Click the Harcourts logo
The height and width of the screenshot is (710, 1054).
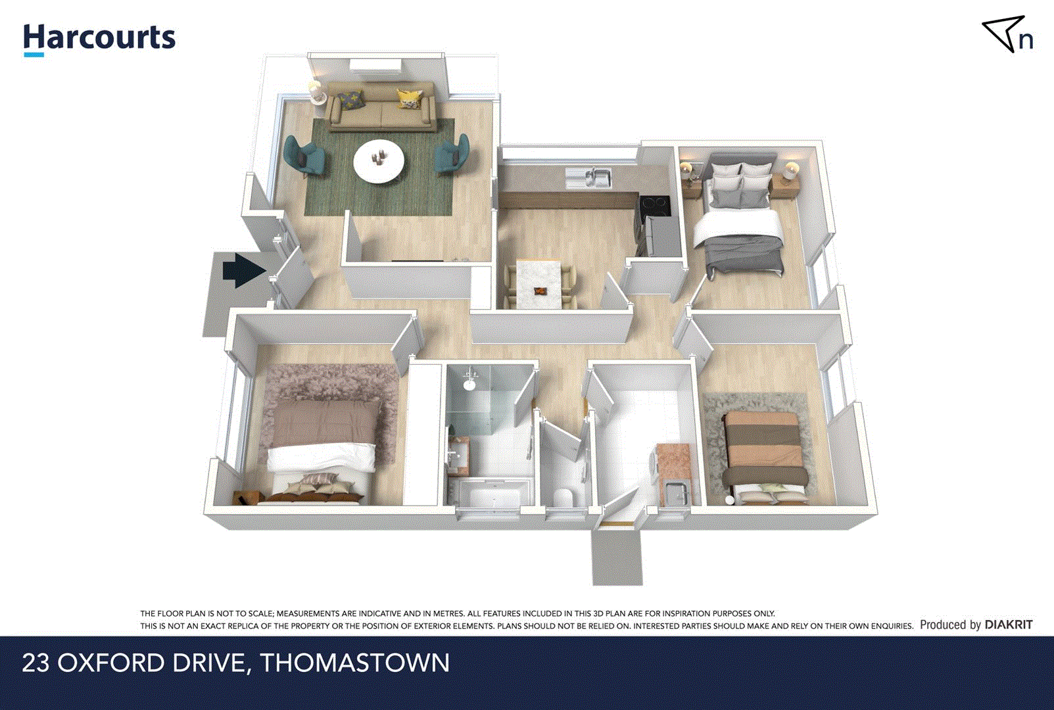pyautogui.click(x=99, y=39)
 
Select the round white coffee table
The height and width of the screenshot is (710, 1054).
pyautogui.click(x=379, y=161)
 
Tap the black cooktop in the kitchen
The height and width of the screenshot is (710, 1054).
pyautogui.click(x=655, y=205)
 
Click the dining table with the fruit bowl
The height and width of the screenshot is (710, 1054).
pyautogui.click(x=539, y=284)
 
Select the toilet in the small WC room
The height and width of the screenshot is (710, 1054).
pyautogui.click(x=563, y=498)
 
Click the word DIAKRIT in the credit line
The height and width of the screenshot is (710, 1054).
pyautogui.click(x=1009, y=625)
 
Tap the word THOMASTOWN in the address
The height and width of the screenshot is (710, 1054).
pyautogui.click(x=355, y=663)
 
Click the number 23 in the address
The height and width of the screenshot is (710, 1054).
pyautogui.click(x=36, y=663)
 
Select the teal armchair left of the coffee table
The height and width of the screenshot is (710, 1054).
pyautogui.click(x=304, y=156)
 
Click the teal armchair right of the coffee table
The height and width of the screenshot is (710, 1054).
pyautogui.click(x=454, y=155)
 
